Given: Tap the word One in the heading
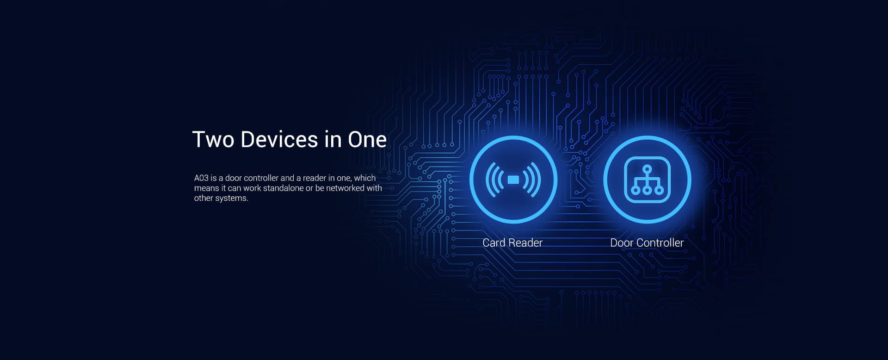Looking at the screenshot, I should (x=367, y=139).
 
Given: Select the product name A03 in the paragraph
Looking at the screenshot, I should (x=201, y=178).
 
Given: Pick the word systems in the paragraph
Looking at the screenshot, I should (x=234, y=198).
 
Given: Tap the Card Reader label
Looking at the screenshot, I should (x=512, y=242).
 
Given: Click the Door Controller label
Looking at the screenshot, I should (x=647, y=242).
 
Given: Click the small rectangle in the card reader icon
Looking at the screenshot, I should (x=513, y=180).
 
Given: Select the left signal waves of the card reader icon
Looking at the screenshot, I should (x=494, y=180).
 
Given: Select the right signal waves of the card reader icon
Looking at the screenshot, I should (x=532, y=180).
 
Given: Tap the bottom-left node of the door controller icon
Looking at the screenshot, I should (x=635, y=190).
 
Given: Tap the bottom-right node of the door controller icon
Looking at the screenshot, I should (x=659, y=190).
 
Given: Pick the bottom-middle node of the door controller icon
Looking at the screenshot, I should (x=647, y=190).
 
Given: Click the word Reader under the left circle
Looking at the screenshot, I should (x=525, y=242).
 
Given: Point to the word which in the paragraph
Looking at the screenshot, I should (x=364, y=178).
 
